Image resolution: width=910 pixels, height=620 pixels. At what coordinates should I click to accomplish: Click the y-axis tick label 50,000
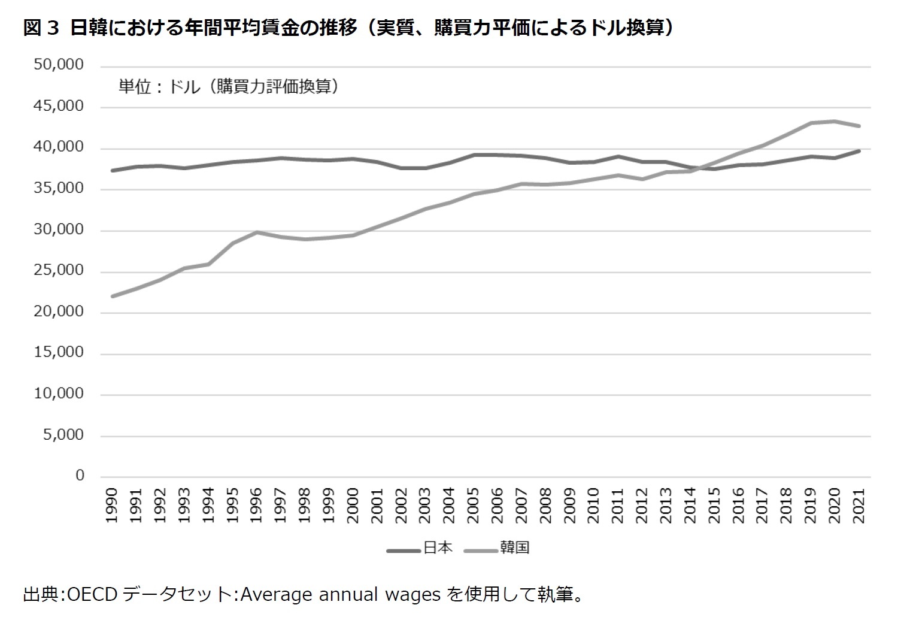(x=59, y=65)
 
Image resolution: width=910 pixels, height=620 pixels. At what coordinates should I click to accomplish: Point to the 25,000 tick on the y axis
(x=59, y=271)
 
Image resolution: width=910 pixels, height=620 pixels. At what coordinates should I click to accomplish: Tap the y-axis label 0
(x=80, y=476)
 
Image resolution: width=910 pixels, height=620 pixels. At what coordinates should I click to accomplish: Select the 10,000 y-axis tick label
(x=59, y=394)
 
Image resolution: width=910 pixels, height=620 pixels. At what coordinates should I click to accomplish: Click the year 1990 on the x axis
(x=112, y=506)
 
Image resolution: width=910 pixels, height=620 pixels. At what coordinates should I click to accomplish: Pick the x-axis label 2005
(x=474, y=506)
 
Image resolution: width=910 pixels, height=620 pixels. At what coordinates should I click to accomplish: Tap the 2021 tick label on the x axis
(x=859, y=506)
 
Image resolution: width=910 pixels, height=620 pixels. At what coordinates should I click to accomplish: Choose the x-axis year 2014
(x=690, y=506)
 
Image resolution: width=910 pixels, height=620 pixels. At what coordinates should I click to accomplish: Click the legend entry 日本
(x=438, y=548)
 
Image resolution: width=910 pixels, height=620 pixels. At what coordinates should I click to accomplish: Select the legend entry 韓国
(x=514, y=548)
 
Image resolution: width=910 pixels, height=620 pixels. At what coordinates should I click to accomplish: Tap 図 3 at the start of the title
(x=41, y=28)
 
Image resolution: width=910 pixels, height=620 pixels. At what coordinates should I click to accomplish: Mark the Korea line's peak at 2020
(x=835, y=122)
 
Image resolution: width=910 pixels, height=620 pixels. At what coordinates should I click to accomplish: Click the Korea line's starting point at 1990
(x=112, y=296)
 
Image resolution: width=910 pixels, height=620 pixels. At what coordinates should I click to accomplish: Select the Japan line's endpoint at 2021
(x=859, y=151)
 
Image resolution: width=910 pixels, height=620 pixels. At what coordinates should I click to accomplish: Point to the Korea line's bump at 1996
(x=257, y=232)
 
